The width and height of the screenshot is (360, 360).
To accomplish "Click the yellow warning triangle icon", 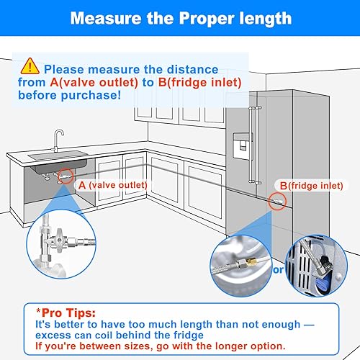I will (30, 67).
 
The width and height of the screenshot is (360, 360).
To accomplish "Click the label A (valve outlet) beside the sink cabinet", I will (112, 185).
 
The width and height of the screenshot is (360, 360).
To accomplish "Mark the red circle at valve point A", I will (66, 175).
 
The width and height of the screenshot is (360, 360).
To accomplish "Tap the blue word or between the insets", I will (278, 270).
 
